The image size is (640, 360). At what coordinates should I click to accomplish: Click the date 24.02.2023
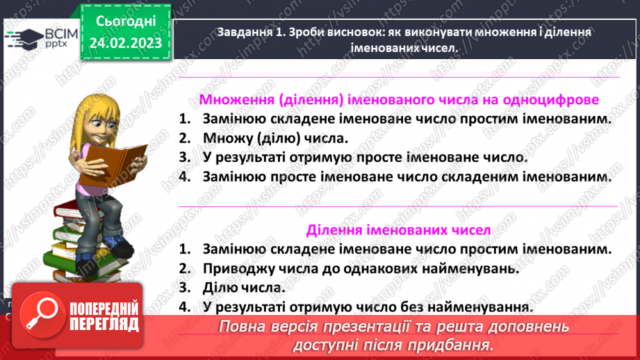pos(126,42)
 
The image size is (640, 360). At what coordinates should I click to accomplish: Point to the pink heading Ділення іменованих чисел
pos(398,229)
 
